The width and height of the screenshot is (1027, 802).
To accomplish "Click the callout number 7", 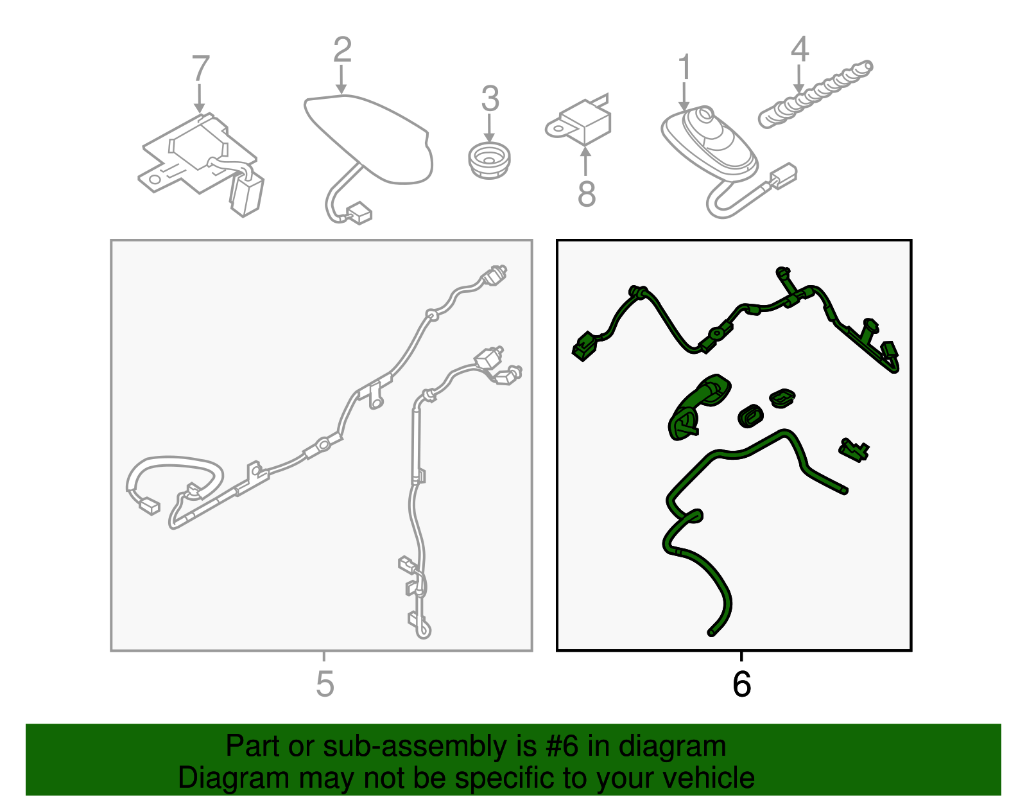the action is click(x=200, y=69).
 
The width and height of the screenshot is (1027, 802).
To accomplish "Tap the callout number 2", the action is click(x=342, y=49).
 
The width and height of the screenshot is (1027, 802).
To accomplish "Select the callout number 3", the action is click(x=490, y=99).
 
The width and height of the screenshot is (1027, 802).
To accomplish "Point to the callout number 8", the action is click(x=587, y=193).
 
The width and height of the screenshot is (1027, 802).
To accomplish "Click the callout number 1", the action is click(x=685, y=67).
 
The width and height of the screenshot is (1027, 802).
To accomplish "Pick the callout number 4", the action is click(x=800, y=49).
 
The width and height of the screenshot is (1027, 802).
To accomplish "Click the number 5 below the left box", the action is click(x=325, y=684).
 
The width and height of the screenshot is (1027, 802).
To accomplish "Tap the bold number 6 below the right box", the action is click(x=741, y=684).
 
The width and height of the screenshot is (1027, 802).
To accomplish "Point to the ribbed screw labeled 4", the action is click(x=815, y=94).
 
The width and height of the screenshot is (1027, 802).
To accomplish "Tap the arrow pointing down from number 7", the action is click(x=200, y=98).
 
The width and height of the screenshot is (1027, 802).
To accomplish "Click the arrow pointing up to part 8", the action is click(x=585, y=162).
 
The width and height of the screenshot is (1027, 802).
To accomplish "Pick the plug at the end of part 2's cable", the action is click(x=359, y=213).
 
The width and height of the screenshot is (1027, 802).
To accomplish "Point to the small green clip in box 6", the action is click(x=854, y=450).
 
